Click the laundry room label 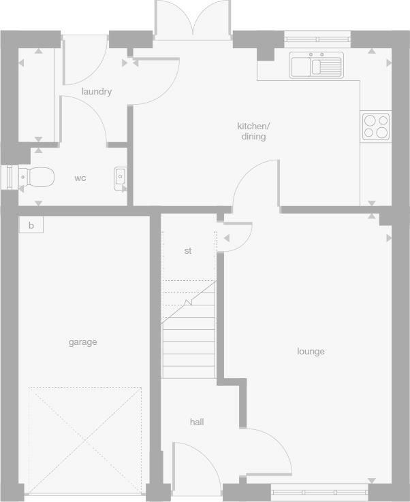pos(96,92)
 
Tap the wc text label pos(80,178)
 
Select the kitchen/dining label pos(253,131)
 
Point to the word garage pos(82,342)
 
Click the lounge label pos(311,352)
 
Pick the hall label pos(197,422)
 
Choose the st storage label pos(188,251)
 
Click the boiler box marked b pos(31,225)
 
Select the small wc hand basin pos(121,177)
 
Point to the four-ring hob pos(376,126)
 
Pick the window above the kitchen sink pos(317,39)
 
